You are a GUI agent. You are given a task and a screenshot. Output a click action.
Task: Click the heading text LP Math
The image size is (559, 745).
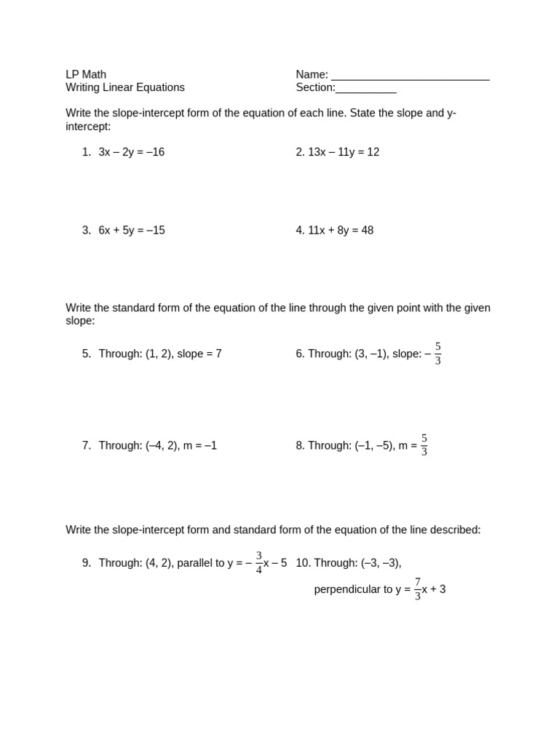pos(86,74)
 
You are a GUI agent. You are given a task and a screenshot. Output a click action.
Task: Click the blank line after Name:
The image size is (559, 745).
pos(410,76)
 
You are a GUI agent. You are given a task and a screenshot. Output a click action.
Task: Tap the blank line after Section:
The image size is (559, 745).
pos(366,89)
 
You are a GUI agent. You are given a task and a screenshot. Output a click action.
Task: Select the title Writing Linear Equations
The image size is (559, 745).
pos(125,87)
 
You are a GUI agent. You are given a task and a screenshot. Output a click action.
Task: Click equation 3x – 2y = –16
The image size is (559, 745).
pos(132,152)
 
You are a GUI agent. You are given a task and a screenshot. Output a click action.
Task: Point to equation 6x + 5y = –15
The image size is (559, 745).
pos(132,230)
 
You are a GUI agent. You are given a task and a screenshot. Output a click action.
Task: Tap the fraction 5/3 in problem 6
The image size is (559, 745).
pos(438,354)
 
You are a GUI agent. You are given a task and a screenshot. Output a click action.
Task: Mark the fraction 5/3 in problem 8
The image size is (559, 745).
pos(424,445)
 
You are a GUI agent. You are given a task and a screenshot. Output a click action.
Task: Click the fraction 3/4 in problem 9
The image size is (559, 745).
pos(259,562)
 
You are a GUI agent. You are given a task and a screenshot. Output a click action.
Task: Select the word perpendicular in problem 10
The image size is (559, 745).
pos(346,589)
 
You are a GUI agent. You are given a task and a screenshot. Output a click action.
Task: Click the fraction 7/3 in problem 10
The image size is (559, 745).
pos(418,589)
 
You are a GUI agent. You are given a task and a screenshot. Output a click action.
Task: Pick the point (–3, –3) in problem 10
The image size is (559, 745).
pos(381,562)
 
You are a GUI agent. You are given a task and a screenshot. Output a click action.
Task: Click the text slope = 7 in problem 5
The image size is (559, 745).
pos(199,354)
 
